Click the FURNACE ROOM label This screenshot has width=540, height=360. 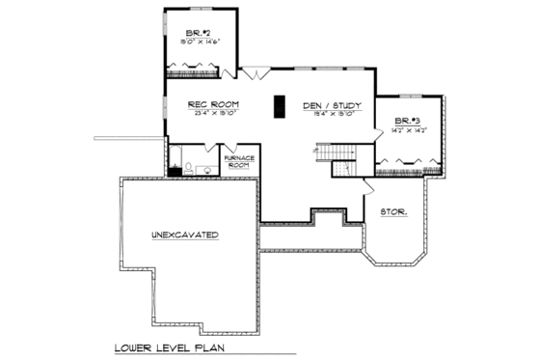point(239,161)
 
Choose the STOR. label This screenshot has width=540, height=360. point(391,210)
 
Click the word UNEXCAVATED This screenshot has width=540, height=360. point(184,235)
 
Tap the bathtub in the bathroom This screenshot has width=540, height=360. point(175,159)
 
